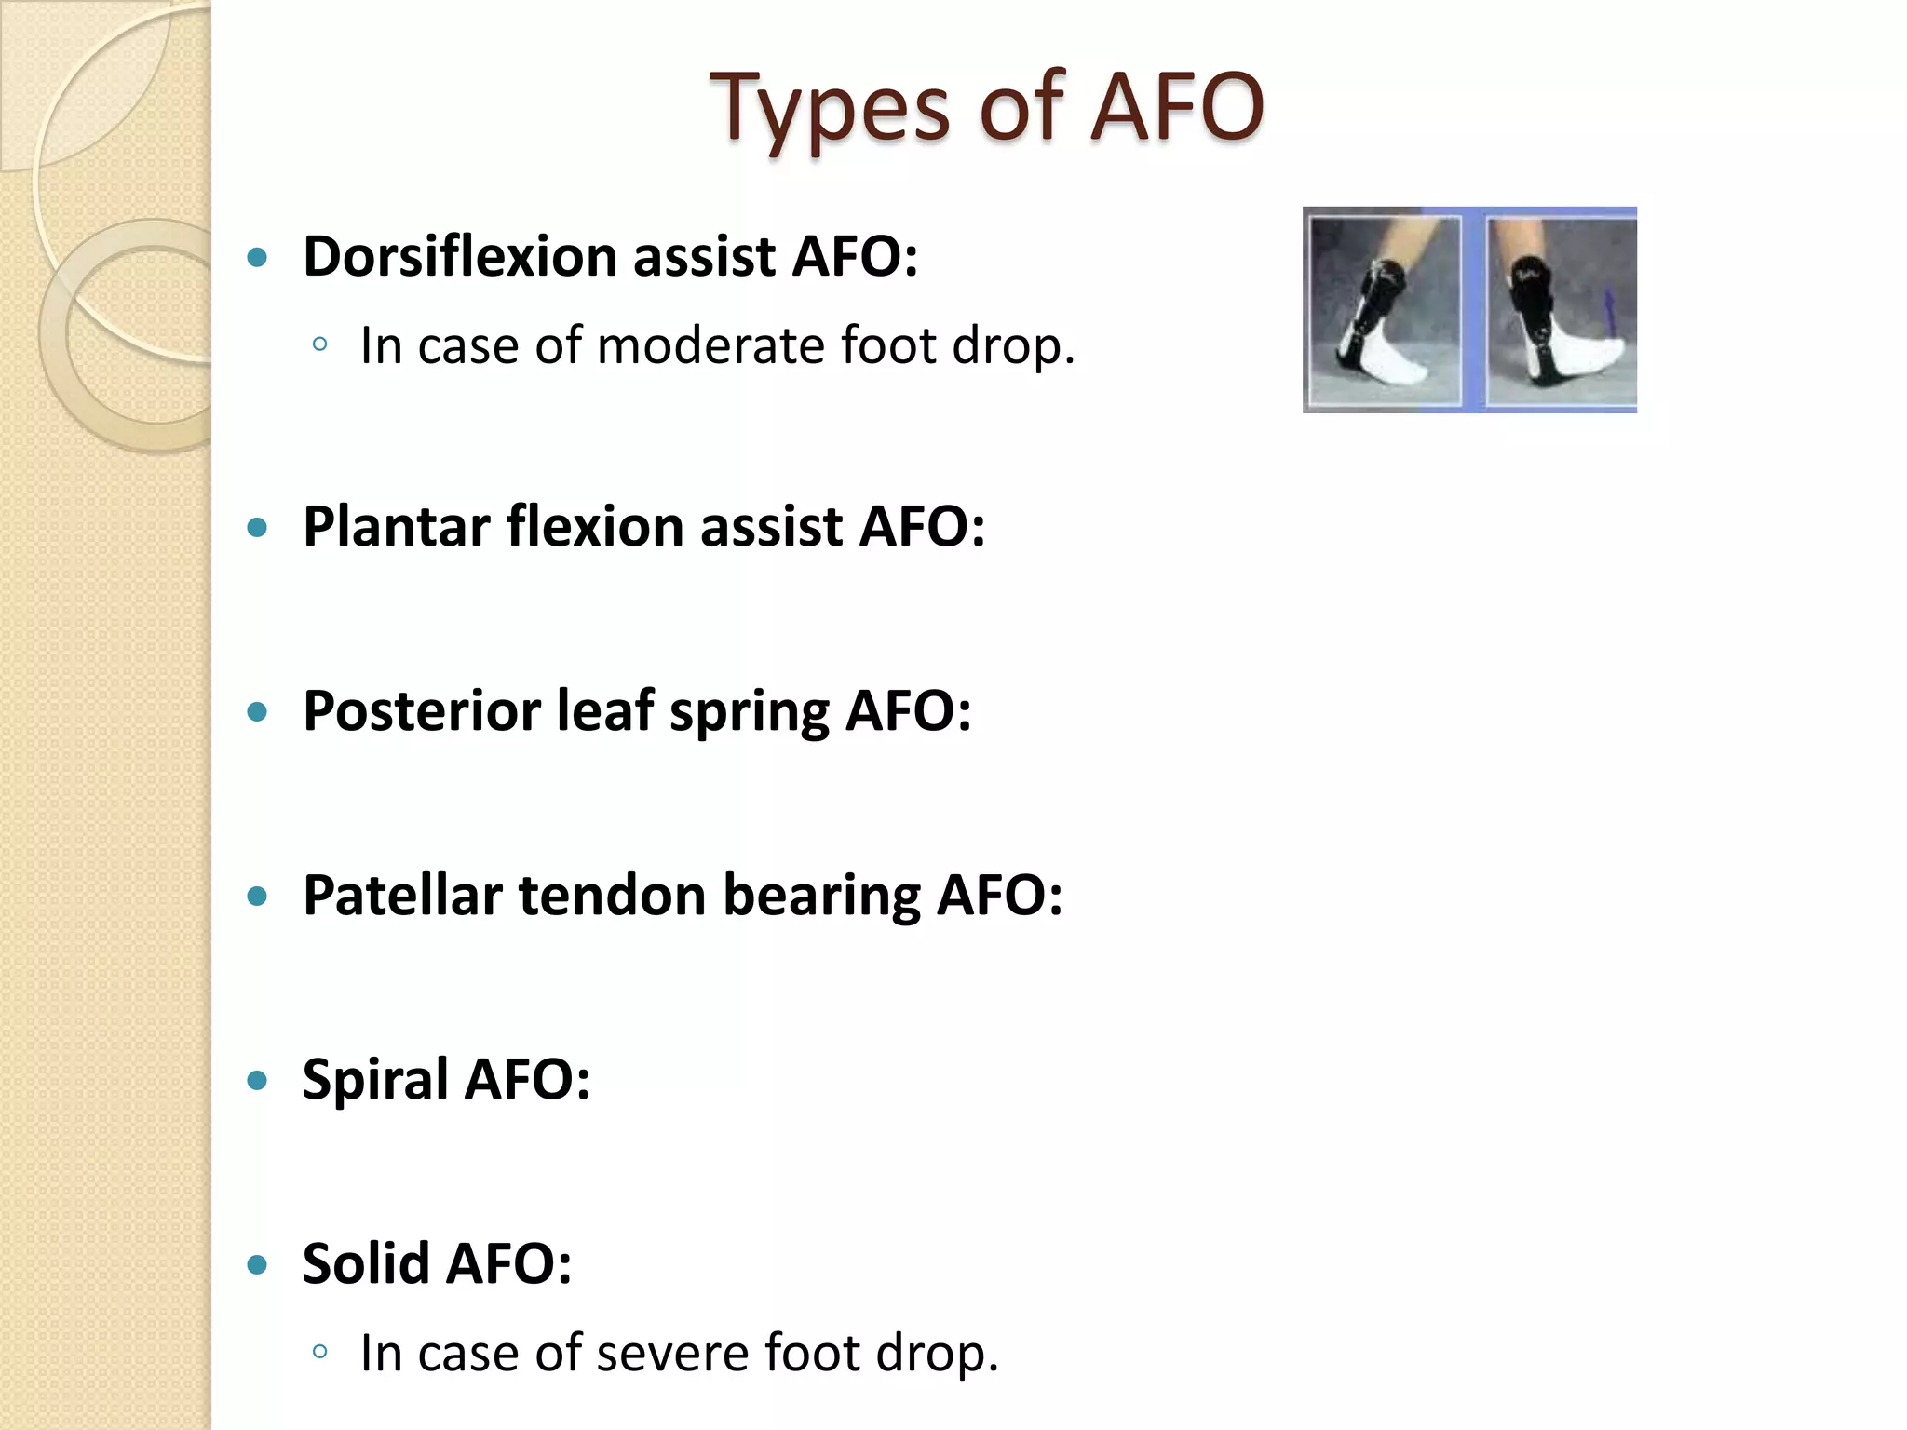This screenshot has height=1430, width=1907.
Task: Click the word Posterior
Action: pyautogui.click(x=421, y=711)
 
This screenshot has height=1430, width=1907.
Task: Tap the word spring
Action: pyautogui.click(x=748, y=713)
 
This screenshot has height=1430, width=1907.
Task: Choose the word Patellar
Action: pyautogui.click(x=402, y=896)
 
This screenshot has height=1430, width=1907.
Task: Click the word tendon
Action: pyautogui.click(x=612, y=896)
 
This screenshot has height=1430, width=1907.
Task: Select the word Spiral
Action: pyautogui.click(x=374, y=1080)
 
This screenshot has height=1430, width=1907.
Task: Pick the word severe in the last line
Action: pyautogui.click(x=671, y=1353)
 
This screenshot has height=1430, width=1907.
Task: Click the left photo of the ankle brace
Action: pyautogui.click(x=1384, y=311)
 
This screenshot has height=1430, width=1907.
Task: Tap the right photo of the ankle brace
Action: pyautogui.click(x=1560, y=311)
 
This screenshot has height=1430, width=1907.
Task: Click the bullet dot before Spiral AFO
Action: pyautogui.click(x=258, y=1081)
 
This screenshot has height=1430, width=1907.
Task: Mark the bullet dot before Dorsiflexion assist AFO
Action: pyautogui.click(x=258, y=257)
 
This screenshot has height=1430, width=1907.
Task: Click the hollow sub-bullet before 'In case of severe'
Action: pyautogui.click(x=320, y=1352)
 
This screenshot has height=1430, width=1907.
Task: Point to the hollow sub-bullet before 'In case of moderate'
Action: pyautogui.click(x=320, y=344)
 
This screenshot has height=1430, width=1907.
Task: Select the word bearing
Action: pyautogui.click(x=821, y=896)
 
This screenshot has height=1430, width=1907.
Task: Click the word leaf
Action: pyautogui.click(x=604, y=711)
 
